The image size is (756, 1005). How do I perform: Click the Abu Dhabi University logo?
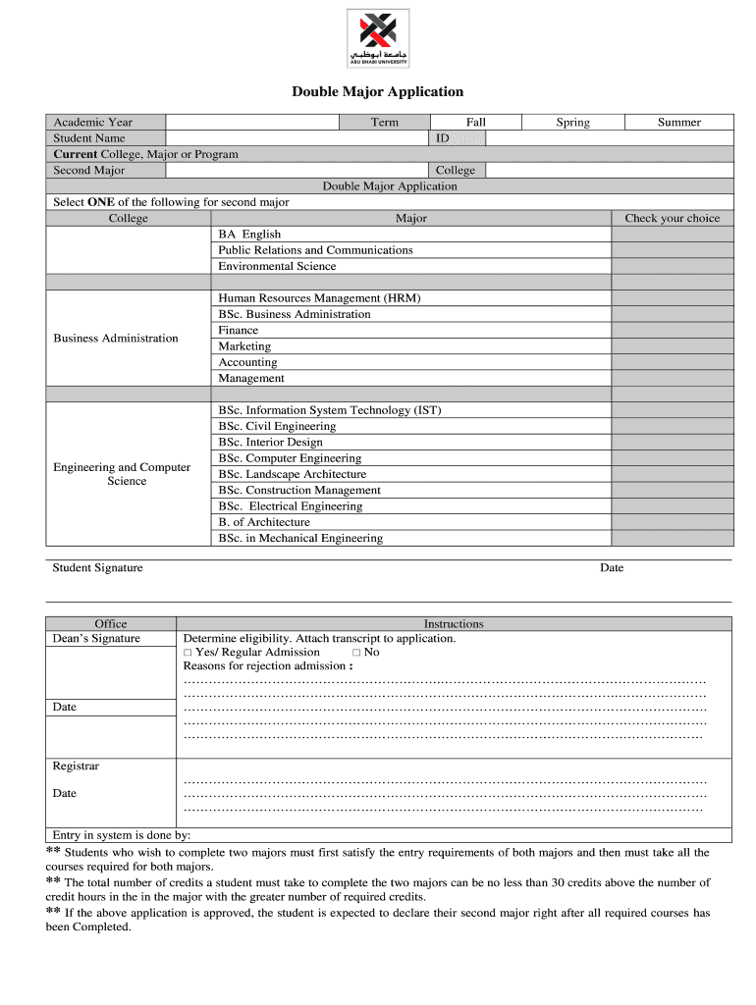click(x=378, y=38)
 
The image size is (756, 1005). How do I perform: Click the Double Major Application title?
click(x=377, y=92)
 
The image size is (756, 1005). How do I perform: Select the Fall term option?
click(x=476, y=122)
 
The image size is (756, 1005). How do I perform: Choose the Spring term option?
click(x=572, y=122)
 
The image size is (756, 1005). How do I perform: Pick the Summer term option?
click(x=678, y=122)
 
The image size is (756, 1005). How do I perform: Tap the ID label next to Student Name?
click(x=443, y=138)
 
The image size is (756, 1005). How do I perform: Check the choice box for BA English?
click(x=672, y=235)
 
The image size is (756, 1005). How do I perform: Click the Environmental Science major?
click(x=277, y=266)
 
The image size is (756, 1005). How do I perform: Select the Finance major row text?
click(x=239, y=331)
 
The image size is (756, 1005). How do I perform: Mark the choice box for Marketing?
click(x=672, y=346)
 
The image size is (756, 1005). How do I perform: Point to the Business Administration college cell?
click(x=116, y=339)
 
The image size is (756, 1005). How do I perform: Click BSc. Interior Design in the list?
click(x=270, y=443)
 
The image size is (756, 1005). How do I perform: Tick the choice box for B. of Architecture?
click(x=672, y=522)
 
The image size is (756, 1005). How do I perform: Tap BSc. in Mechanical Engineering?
click(x=300, y=538)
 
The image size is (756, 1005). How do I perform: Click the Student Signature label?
click(x=97, y=568)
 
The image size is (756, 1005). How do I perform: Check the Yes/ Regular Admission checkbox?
click(x=188, y=653)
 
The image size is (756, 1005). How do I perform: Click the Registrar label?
click(x=76, y=767)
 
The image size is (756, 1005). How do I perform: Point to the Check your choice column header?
click(x=672, y=218)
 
